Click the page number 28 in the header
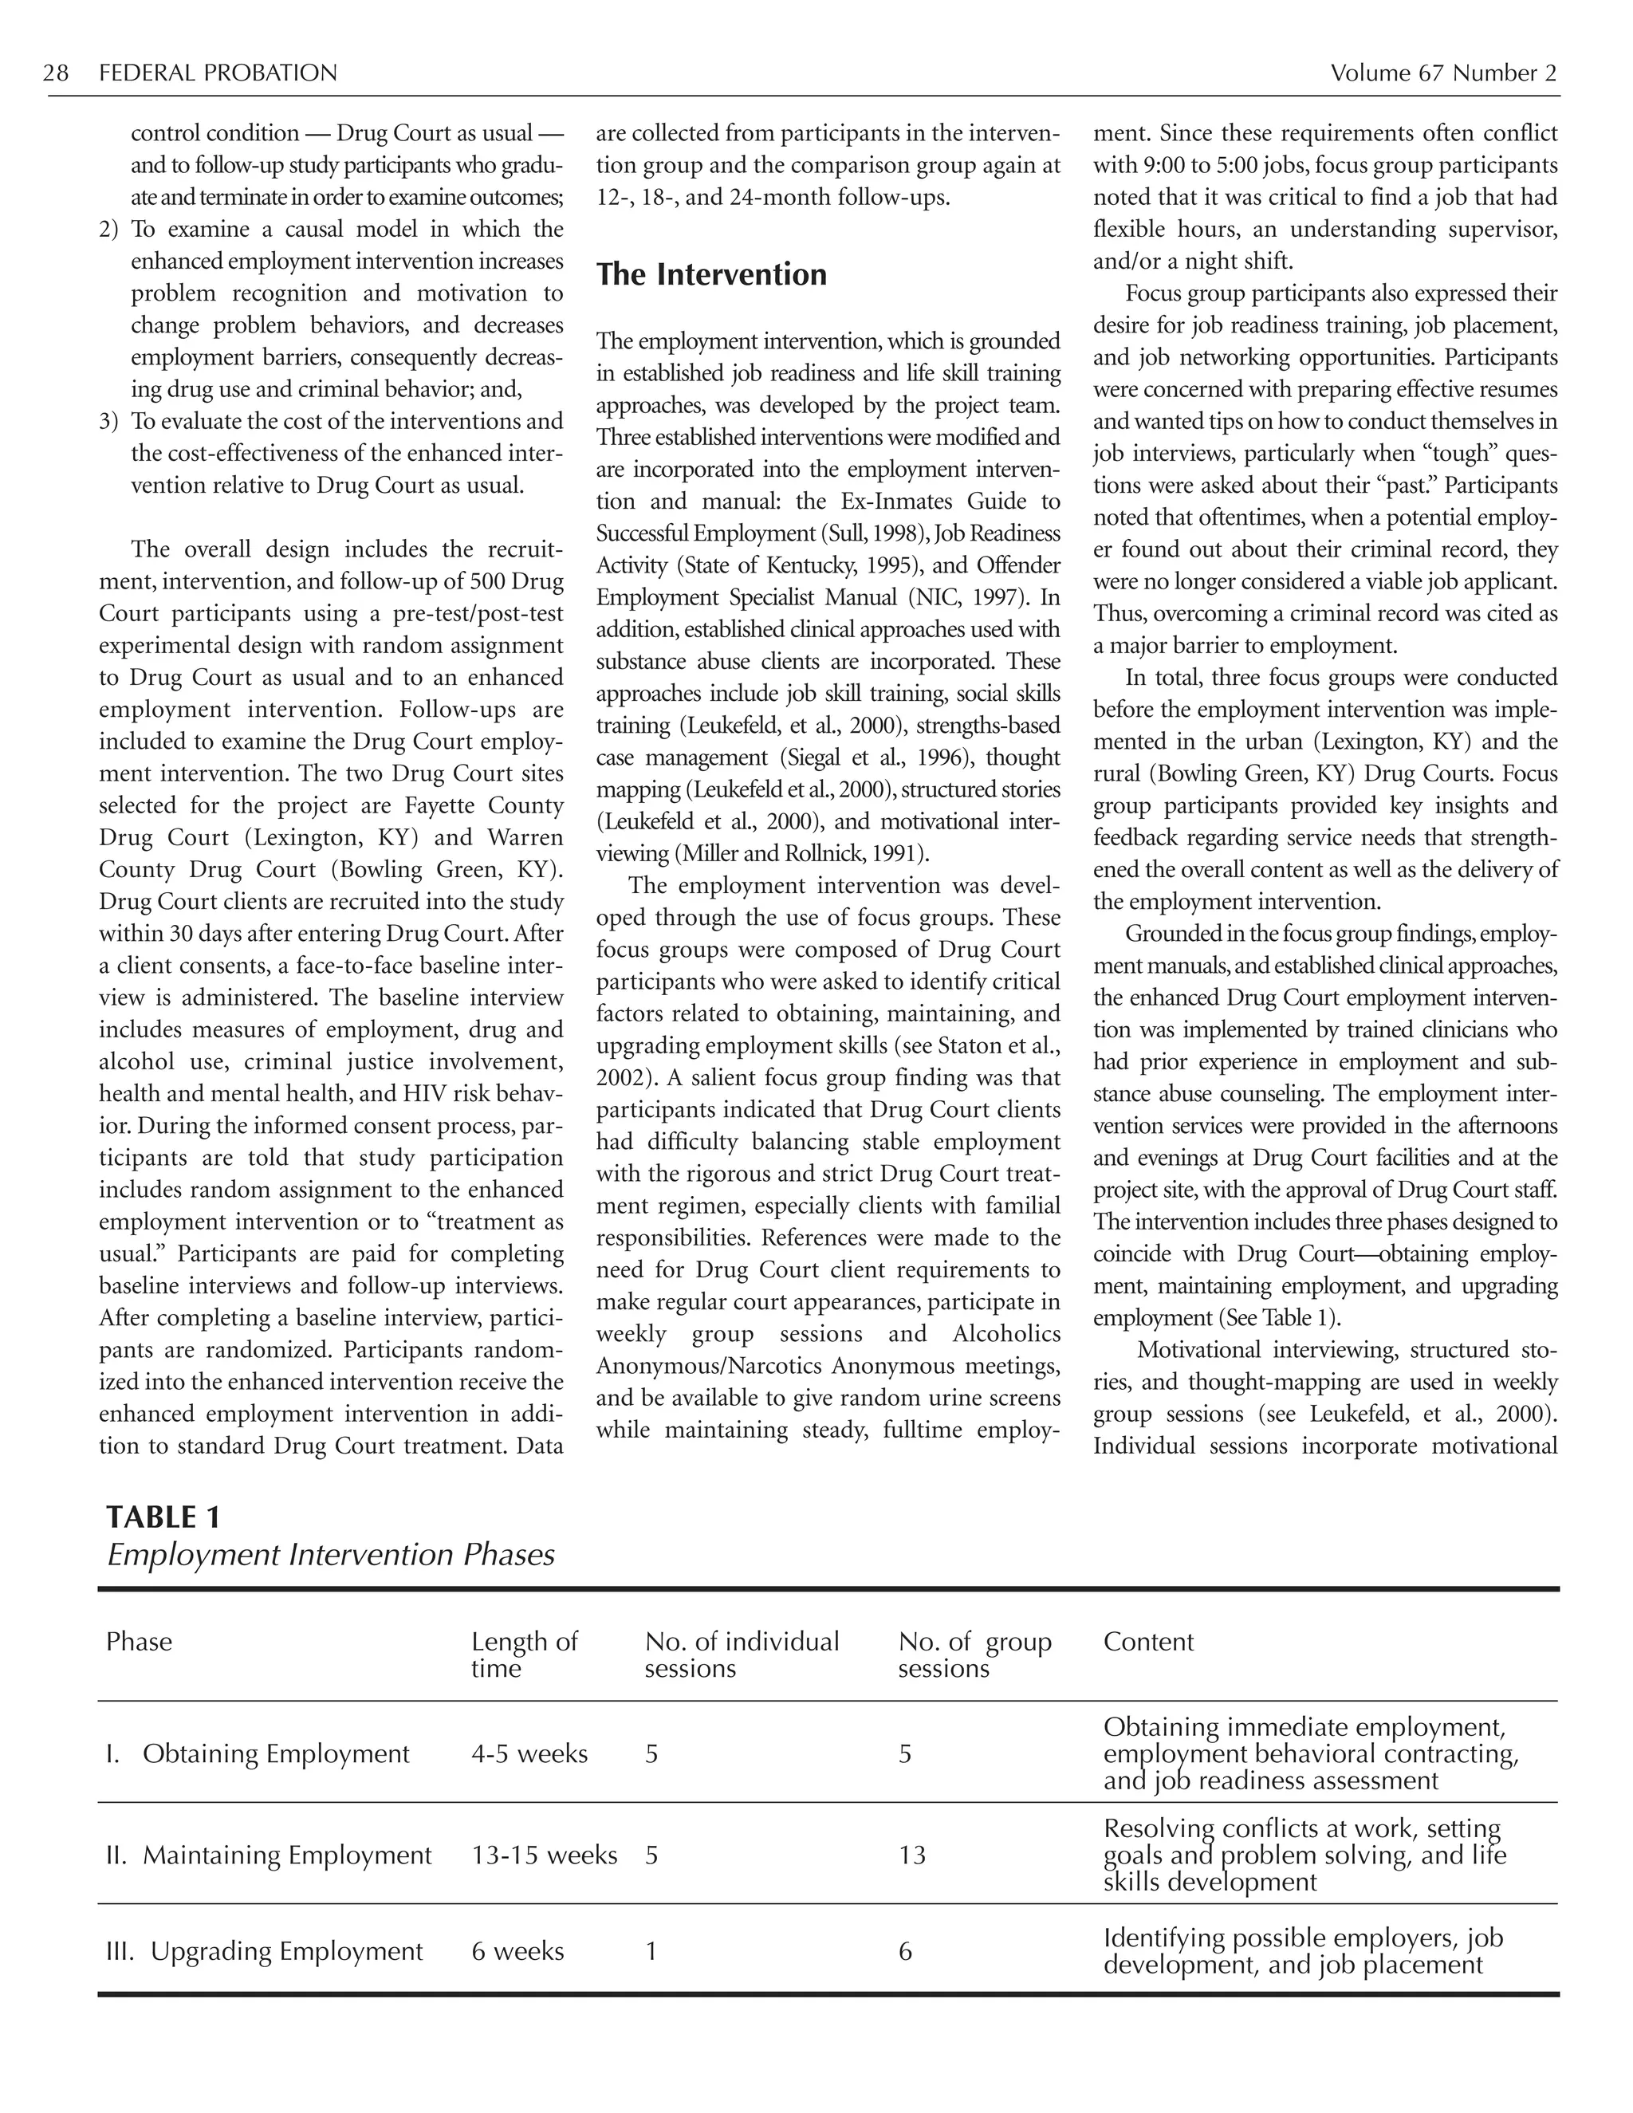point(56,73)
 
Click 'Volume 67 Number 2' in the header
point(1442,73)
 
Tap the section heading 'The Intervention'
point(711,275)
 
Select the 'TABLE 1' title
point(163,1517)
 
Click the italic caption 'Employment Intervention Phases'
point(331,1555)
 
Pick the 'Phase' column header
point(140,1642)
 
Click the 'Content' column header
point(1148,1642)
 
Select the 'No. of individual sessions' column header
point(741,1655)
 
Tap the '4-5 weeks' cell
point(529,1754)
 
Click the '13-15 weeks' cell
point(544,1855)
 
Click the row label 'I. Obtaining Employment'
point(258,1754)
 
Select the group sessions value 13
point(911,1855)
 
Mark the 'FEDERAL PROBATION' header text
point(218,73)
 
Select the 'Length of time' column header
point(523,1655)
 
